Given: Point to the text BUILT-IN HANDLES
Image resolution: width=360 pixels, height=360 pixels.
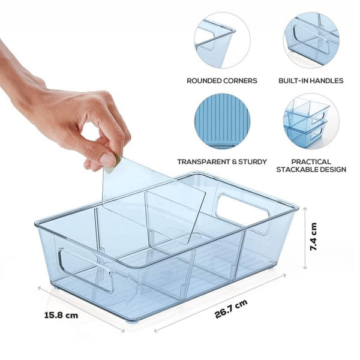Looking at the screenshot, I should tap(311, 80).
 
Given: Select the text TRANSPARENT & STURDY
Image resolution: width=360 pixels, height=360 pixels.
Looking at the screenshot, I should tap(214, 161).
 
